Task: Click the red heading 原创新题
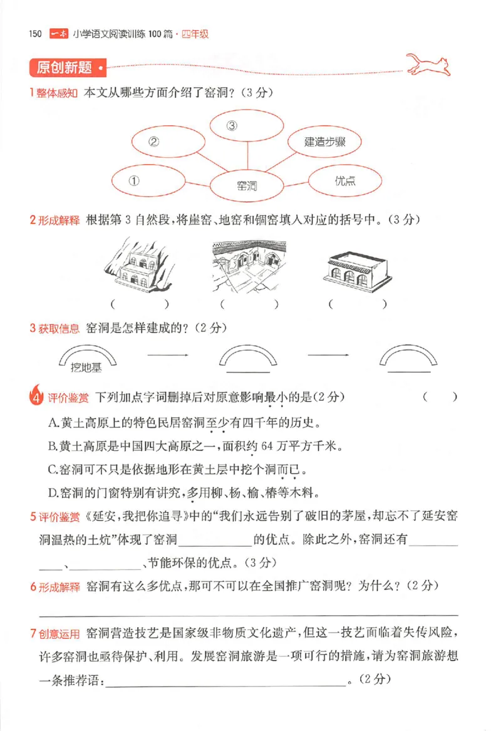click(64, 67)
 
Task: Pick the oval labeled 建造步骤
click(326, 142)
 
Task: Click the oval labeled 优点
click(345, 181)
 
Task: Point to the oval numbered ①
click(149, 180)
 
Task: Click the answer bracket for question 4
click(440, 397)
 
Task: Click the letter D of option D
click(53, 492)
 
